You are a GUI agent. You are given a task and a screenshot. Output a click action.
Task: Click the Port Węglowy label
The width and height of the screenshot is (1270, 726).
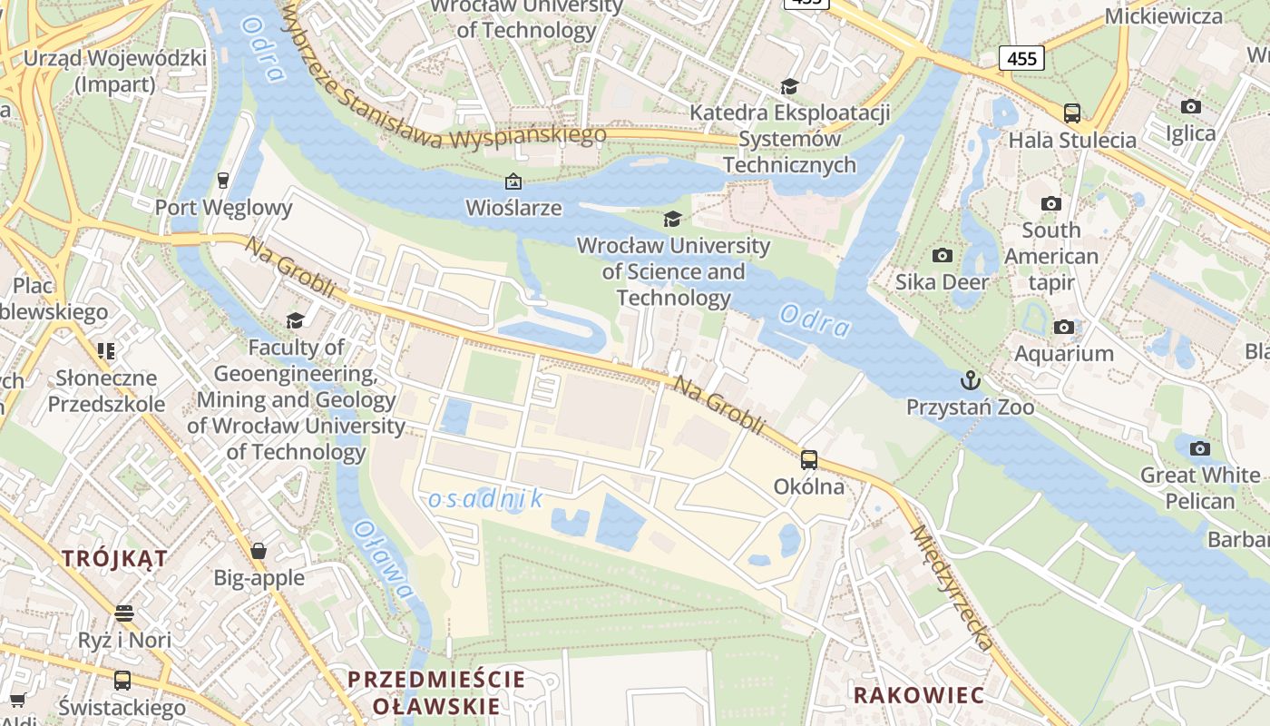pos(223,208)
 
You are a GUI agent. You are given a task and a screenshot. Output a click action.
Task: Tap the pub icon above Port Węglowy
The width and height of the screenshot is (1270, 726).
pos(223,180)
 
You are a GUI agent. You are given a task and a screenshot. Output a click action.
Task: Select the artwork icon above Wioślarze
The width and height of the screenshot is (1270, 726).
pos(513,181)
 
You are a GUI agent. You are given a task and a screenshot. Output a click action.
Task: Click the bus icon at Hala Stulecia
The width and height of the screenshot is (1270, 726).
pos(1072,113)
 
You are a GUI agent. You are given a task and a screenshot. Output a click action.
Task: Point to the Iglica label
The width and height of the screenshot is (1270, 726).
pos(1190,133)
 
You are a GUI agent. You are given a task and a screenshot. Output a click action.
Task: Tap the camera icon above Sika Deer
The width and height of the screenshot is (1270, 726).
pos(943,256)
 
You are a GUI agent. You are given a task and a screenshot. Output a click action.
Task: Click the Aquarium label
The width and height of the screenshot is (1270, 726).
pos(1063,353)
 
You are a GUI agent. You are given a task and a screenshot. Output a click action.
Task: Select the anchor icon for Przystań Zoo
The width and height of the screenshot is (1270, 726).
pos(971,380)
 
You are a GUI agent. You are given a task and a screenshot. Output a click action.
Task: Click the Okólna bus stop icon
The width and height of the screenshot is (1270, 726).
pos(808,460)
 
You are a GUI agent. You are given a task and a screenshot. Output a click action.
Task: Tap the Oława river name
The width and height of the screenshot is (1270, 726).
pos(383,560)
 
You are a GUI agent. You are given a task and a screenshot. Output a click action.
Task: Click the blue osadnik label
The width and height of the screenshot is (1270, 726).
pos(485,498)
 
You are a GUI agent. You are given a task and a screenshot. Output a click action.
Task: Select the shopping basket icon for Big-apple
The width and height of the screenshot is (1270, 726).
pos(259,551)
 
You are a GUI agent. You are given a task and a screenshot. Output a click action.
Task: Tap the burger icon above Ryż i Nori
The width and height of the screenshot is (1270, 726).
pos(124,613)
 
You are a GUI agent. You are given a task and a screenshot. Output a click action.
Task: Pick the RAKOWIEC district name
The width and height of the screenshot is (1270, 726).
pos(919,695)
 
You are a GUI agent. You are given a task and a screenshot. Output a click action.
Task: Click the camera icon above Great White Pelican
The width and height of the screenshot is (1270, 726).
pos(1199,448)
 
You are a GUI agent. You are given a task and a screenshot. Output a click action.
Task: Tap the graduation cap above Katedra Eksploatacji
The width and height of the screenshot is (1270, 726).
pos(789,86)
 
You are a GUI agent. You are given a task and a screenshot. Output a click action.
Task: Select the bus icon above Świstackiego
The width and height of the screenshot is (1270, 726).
pos(122,680)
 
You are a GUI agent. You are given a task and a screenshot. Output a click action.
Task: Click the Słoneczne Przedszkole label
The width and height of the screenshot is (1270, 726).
pos(106,391)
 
